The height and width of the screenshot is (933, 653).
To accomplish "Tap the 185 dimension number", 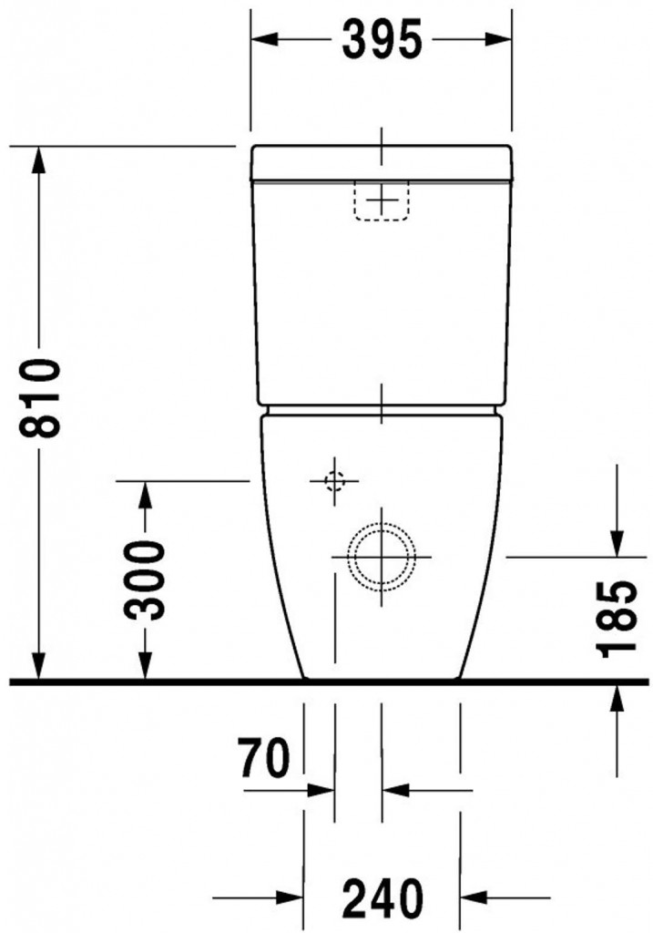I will (x=618, y=617).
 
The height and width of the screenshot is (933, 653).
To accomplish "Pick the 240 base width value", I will (x=383, y=897).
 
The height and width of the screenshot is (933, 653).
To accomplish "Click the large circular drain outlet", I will (x=381, y=555).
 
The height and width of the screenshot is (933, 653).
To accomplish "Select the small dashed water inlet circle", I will (x=334, y=480).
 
